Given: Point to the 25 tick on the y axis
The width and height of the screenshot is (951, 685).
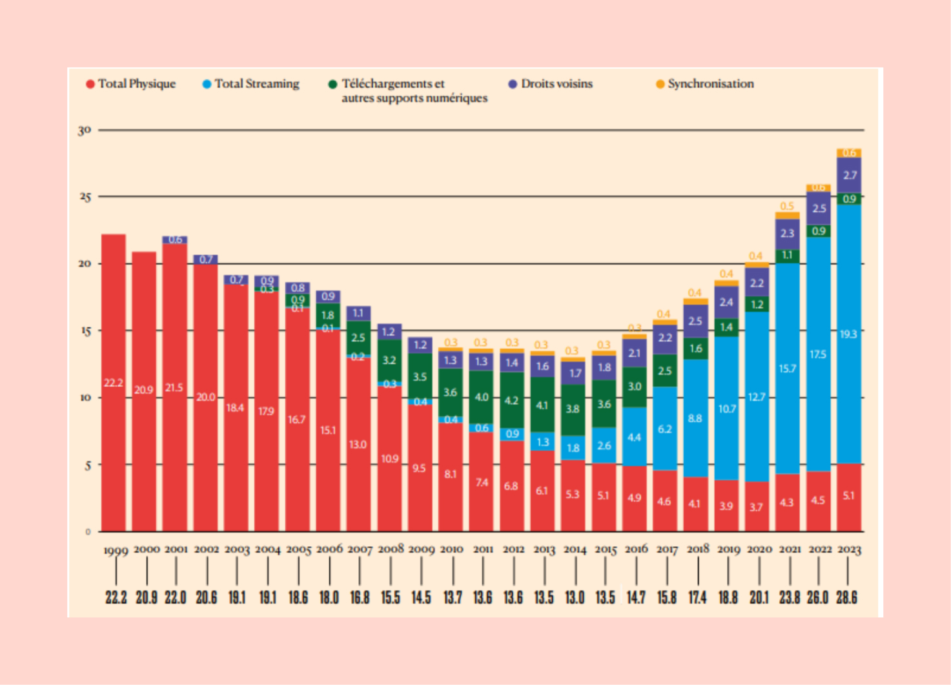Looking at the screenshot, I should (x=85, y=197).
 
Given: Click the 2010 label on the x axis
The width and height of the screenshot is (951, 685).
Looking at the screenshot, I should (x=451, y=549).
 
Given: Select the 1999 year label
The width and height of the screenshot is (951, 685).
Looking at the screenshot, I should (x=116, y=551).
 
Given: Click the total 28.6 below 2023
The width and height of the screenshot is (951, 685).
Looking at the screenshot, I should (x=846, y=597).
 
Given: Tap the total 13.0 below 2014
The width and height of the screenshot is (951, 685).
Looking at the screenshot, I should (x=574, y=597).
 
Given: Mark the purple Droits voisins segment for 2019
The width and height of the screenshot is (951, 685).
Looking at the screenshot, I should (x=726, y=302).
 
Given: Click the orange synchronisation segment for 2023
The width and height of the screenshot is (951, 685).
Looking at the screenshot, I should (x=849, y=153).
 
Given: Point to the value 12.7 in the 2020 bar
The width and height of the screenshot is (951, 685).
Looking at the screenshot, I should (x=757, y=397).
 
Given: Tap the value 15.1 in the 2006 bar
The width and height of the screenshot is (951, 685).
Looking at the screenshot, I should (x=328, y=430).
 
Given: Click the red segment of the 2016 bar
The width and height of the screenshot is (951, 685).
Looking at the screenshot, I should (x=635, y=498).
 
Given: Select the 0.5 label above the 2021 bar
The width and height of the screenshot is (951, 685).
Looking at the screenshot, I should (x=787, y=207).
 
